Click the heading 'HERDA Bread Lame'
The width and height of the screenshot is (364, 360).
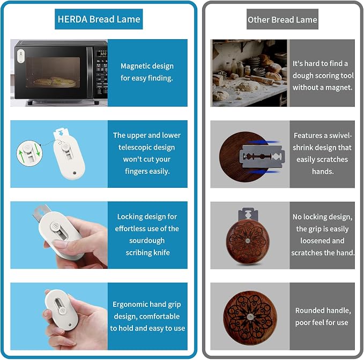[x=99, y=19]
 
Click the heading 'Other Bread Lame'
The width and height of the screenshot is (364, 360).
[x=283, y=19]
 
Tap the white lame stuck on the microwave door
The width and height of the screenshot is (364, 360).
[x=21, y=56]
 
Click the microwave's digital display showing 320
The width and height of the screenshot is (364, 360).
[x=102, y=54]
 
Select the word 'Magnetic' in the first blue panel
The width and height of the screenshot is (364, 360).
[x=133, y=66]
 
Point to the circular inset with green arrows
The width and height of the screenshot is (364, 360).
[x=29, y=153]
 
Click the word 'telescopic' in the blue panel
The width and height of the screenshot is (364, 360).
[x=146, y=147]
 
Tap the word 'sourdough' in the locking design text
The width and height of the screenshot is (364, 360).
[x=147, y=240]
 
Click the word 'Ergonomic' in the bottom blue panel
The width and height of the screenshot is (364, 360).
[x=127, y=305]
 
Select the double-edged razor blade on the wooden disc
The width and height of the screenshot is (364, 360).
[x=262, y=156]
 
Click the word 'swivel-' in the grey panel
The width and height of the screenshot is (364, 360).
[x=341, y=135]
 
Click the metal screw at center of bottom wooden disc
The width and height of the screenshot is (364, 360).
[x=250, y=316]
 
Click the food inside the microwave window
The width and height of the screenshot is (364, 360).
[x=55, y=82]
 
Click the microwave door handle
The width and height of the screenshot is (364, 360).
[x=90, y=72]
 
